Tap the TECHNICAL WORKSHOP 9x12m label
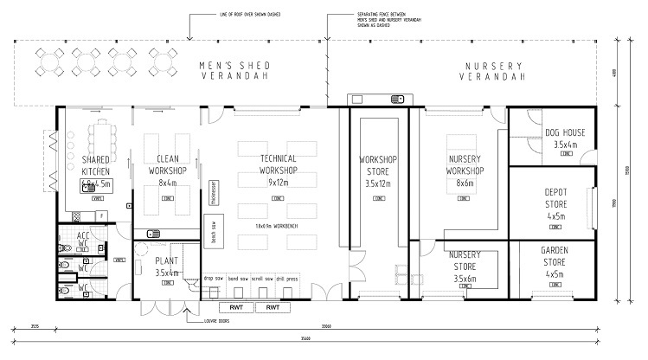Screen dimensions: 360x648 (279, 170)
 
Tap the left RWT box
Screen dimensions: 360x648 (235, 307)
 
